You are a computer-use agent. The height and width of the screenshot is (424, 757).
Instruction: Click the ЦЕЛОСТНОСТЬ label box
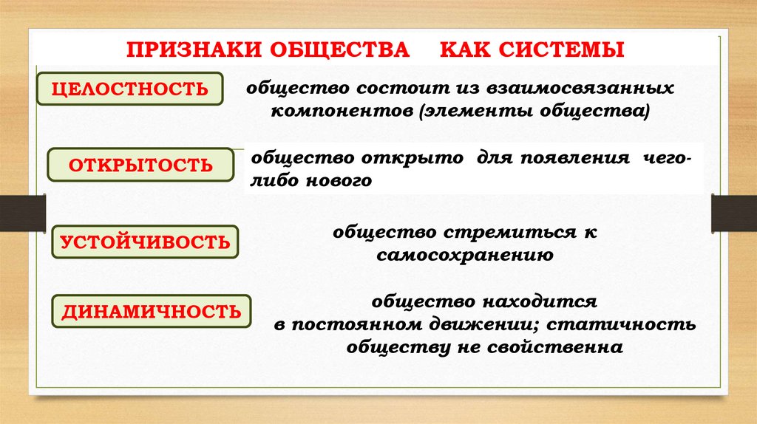click(x=130, y=89)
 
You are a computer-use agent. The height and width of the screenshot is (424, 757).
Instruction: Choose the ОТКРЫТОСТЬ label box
click(x=140, y=165)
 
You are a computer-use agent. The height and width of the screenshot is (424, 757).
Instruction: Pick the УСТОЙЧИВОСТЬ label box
click(x=145, y=242)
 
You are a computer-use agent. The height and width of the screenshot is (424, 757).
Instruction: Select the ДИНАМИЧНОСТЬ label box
click(x=151, y=311)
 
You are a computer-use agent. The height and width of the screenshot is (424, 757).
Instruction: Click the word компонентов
click(x=332, y=111)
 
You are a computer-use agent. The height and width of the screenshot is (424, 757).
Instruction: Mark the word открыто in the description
click(x=414, y=160)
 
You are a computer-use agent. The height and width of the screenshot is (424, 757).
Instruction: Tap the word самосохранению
click(x=464, y=255)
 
